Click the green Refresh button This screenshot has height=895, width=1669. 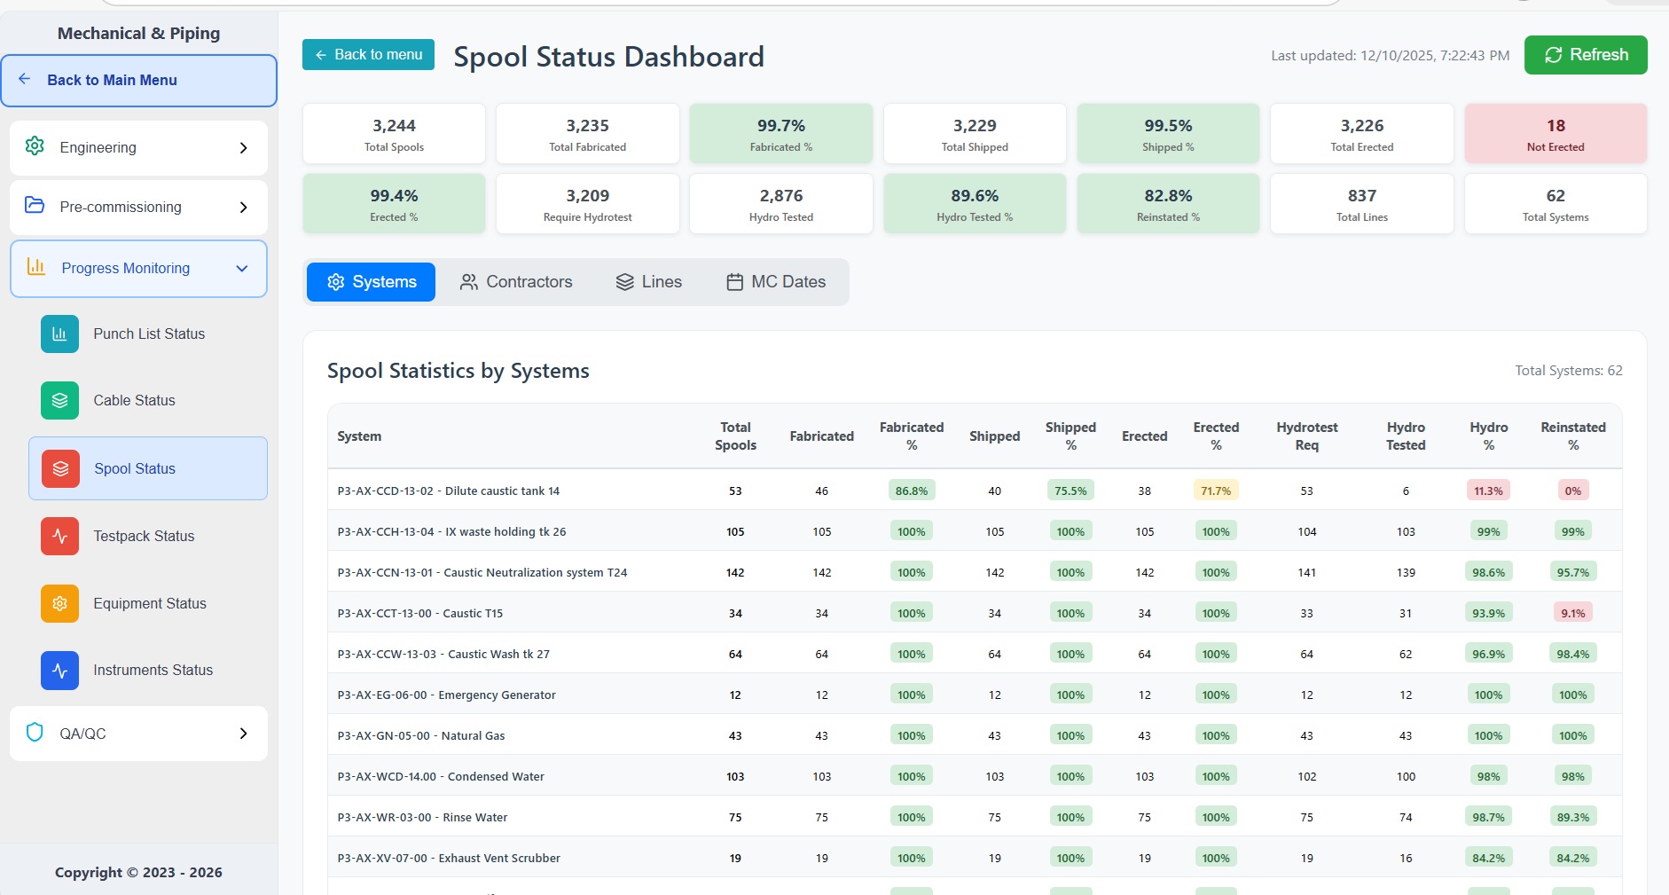click(1586, 55)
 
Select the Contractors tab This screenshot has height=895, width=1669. click(516, 282)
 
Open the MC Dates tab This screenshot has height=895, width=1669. click(776, 282)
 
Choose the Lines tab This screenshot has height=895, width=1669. click(649, 282)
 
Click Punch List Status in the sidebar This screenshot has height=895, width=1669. click(149, 334)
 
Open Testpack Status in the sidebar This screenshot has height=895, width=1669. click(144, 537)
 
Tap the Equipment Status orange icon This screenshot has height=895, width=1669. click(59, 604)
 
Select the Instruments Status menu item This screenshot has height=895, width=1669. click(153, 671)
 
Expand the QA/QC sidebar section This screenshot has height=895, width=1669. click(138, 734)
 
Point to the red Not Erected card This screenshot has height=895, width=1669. click(1555, 134)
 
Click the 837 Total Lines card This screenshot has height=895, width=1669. click(1361, 204)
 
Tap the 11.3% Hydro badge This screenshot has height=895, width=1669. click(1488, 491)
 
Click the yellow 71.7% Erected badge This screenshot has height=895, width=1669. click(1216, 491)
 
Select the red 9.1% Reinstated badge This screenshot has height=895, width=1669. click(1572, 614)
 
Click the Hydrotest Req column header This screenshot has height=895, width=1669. click(1306, 436)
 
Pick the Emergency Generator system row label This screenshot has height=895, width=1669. click(446, 695)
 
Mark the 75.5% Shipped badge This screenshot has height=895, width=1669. click(1070, 491)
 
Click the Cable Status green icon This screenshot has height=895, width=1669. click(59, 401)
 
